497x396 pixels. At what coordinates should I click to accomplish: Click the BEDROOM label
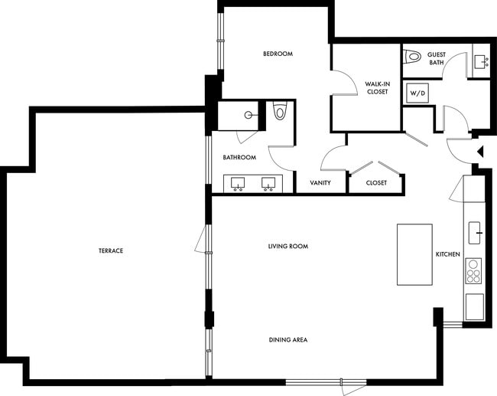[x=278, y=54]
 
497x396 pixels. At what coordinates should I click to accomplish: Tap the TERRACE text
[x=111, y=250]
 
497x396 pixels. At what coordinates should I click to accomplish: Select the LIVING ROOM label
[x=287, y=246]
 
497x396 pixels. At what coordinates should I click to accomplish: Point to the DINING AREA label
[x=287, y=339]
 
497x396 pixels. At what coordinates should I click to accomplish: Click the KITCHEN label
[x=447, y=254]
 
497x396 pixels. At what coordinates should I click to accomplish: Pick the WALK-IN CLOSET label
[x=376, y=87]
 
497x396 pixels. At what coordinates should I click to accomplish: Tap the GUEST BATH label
[x=437, y=58]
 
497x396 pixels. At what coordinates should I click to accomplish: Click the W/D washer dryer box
[x=417, y=93]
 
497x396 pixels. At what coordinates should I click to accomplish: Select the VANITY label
[x=320, y=183]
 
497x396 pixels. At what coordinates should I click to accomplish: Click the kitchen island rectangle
[x=414, y=254]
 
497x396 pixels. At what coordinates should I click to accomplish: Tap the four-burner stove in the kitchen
[x=474, y=271]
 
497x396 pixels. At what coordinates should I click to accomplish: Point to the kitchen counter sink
[x=475, y=229]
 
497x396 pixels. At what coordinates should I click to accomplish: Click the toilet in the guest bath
[x=413, y=56]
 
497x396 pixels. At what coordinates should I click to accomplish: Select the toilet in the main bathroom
[x=279, y=113]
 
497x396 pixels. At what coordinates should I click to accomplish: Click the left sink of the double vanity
[x=237, y=184]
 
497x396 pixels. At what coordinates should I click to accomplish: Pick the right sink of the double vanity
[x=268, y=184]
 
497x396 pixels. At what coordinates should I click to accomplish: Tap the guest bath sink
[x=482, y=61]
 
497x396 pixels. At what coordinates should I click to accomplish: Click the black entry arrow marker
[x=480, y=152]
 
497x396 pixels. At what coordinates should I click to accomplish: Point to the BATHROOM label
[x=239, y=158]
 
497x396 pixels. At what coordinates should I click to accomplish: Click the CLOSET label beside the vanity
[x=376, y=183]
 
